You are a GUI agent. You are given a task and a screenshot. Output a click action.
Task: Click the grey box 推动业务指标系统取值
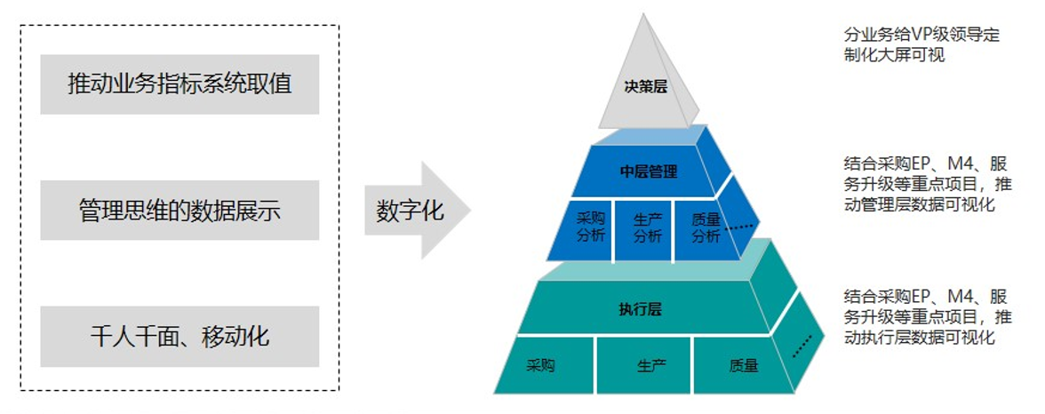[179, 84]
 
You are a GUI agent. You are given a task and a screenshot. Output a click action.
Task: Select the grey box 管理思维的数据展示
[179, 211]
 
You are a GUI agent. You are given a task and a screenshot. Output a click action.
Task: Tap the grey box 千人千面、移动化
[179, 337]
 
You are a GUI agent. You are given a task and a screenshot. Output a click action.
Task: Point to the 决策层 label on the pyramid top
[645, 87]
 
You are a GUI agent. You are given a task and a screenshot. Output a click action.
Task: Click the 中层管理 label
[649, 171]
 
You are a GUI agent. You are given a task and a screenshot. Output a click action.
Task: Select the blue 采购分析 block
[591, 228]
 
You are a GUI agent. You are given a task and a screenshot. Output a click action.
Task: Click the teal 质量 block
[743, 365]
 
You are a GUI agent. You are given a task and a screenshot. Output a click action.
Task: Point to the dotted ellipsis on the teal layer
[802, 344]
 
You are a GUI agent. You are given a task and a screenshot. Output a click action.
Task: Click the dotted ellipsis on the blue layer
[739, 227]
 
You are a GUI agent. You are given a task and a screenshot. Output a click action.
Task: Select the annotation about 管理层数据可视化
[924, 184]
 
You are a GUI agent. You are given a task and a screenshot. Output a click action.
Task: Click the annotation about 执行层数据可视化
[924, 317]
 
